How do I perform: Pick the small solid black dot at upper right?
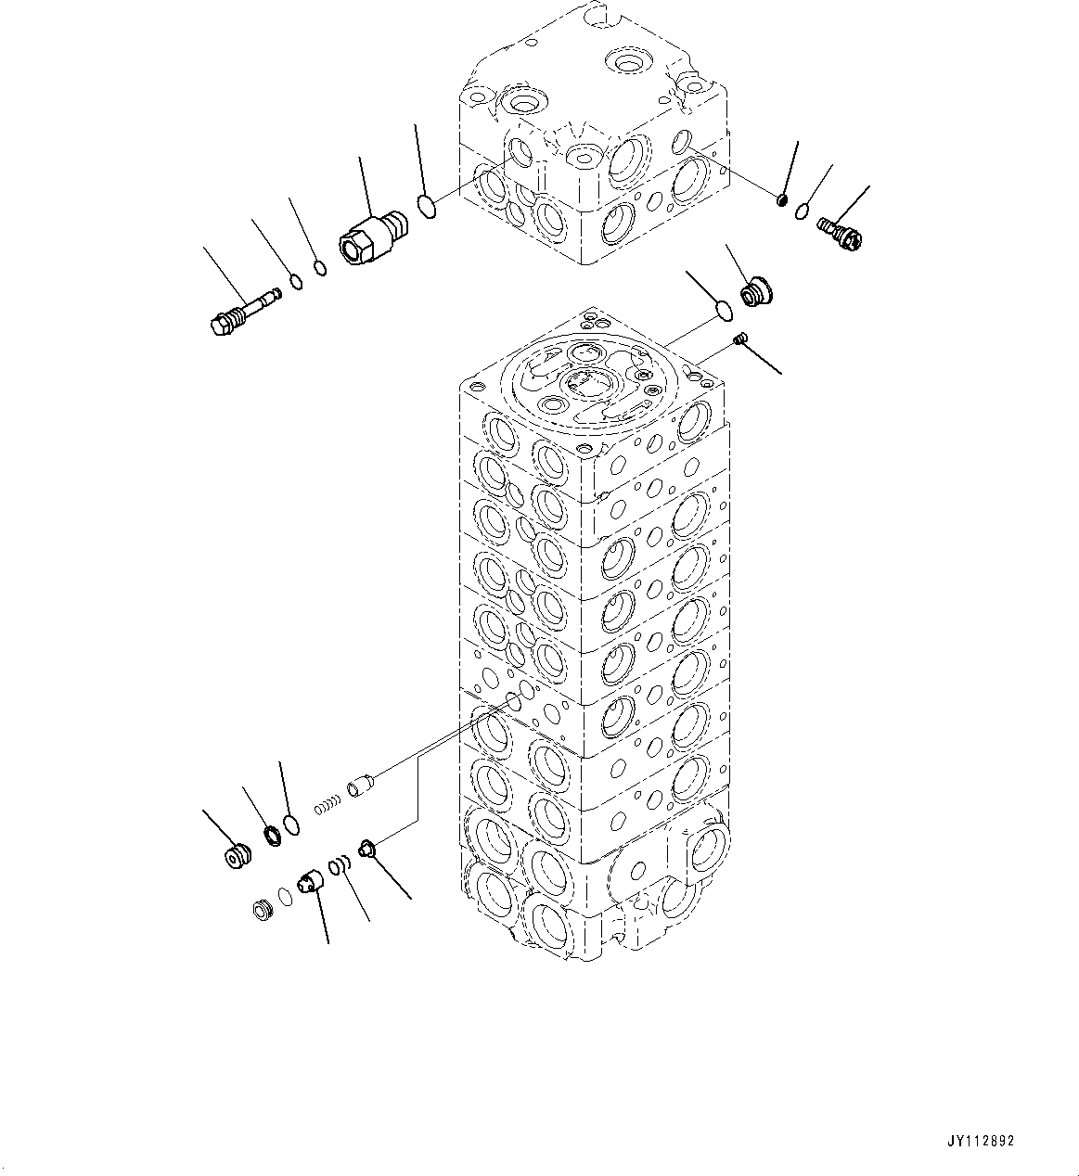tap(782, 200)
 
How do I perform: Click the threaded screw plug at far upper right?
tap(840, 231)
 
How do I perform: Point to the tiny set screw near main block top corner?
tap(739, 340)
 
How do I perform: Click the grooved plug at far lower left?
tap(238, 856)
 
